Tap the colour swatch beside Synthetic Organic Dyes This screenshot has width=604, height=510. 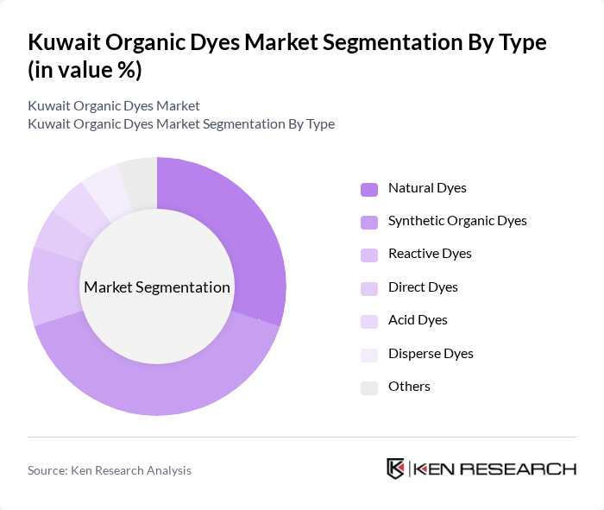click(369, 222)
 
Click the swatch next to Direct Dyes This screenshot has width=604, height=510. click(369, 287)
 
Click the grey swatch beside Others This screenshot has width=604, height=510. click(369, 387)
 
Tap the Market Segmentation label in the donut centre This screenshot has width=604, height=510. click(157, 287)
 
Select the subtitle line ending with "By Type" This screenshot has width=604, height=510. click(181, 123)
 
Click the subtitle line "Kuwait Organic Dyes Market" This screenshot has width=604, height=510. click(114, 105)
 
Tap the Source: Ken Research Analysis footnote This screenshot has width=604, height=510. click(110, 470)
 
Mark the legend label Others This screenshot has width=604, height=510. click(409, 386)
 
